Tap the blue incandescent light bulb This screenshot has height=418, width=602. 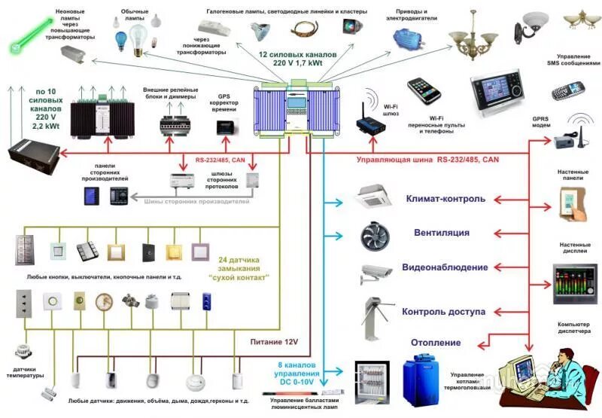click(120, 36)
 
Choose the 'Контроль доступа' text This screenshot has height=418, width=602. click(443, 312)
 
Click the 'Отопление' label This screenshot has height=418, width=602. click(436, 343)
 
